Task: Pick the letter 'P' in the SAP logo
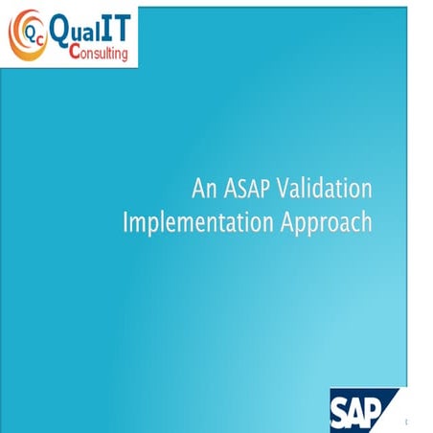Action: (x=383, y=410)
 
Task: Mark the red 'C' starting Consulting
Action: (x=76, y=54)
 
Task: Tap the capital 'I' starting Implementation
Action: (x=126, y=223)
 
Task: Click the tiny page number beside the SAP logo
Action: (x=407, y=422)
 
